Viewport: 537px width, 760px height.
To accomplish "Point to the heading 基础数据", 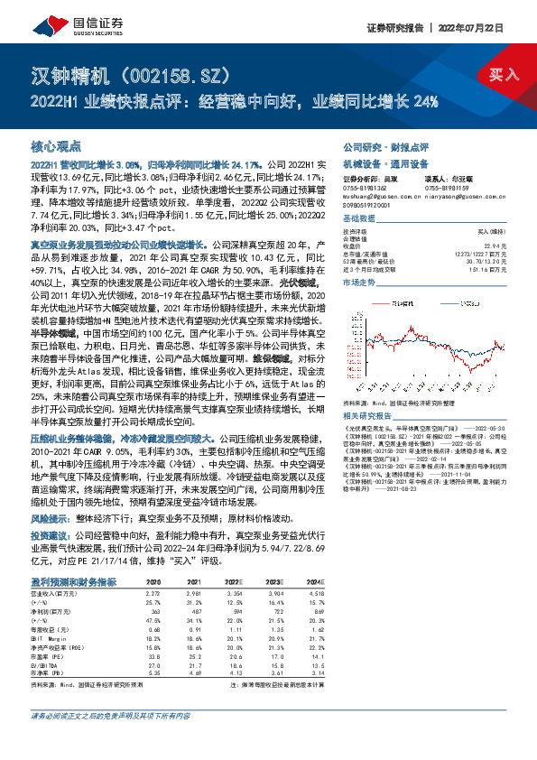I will (358, 219).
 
